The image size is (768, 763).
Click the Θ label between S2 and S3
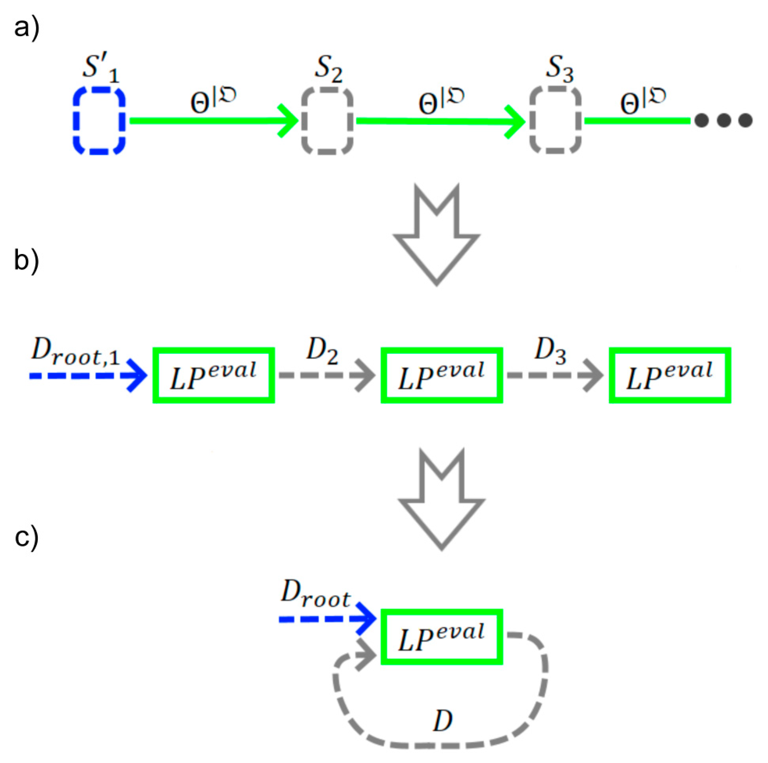tap(440, 101)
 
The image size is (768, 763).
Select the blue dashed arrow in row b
tap(87, 375)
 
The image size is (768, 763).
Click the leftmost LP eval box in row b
tap(213, 375)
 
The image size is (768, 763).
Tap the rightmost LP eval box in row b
tap(669, 375)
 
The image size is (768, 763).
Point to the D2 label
tap(322, 352)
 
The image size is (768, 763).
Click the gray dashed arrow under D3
tap(555, 375)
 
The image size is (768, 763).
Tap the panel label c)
tap(26, 537)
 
